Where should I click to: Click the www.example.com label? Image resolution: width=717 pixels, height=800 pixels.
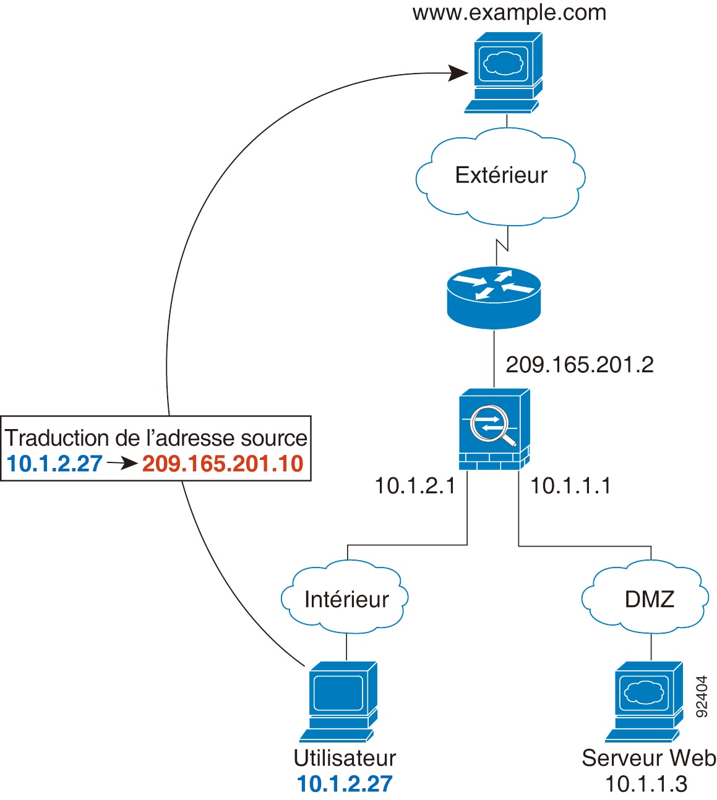[x=509, y=12]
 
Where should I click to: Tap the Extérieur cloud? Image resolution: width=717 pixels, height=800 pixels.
[x=501, y=176]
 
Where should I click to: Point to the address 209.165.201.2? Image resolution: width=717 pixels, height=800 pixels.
[x=580, y=365]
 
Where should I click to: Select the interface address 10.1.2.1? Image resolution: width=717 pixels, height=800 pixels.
[x=415, y=486]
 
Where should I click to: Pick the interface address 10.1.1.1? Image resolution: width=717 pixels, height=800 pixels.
[x=570, y=486]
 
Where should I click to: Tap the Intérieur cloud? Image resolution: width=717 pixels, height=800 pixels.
[x=346, y=599]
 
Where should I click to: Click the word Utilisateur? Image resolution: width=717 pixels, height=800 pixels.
[x=345, y=758]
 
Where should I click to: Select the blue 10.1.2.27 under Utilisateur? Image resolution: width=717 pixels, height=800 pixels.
[x=345, y=784]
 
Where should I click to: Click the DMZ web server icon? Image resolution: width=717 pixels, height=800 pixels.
[x=644, y=701]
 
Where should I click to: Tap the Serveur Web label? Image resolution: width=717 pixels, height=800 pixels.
[x=649, y=758]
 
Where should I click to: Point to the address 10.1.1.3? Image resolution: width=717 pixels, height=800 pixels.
[x=646, y=784]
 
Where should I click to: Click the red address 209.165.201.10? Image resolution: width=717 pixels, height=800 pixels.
[x=223, y=464]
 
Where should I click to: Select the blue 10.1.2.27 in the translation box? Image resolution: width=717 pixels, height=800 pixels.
[x=54, y=464]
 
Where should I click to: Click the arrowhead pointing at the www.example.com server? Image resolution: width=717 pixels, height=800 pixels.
[x=458, y=74]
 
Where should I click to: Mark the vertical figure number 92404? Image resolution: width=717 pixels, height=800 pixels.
[x=702, y=696]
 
